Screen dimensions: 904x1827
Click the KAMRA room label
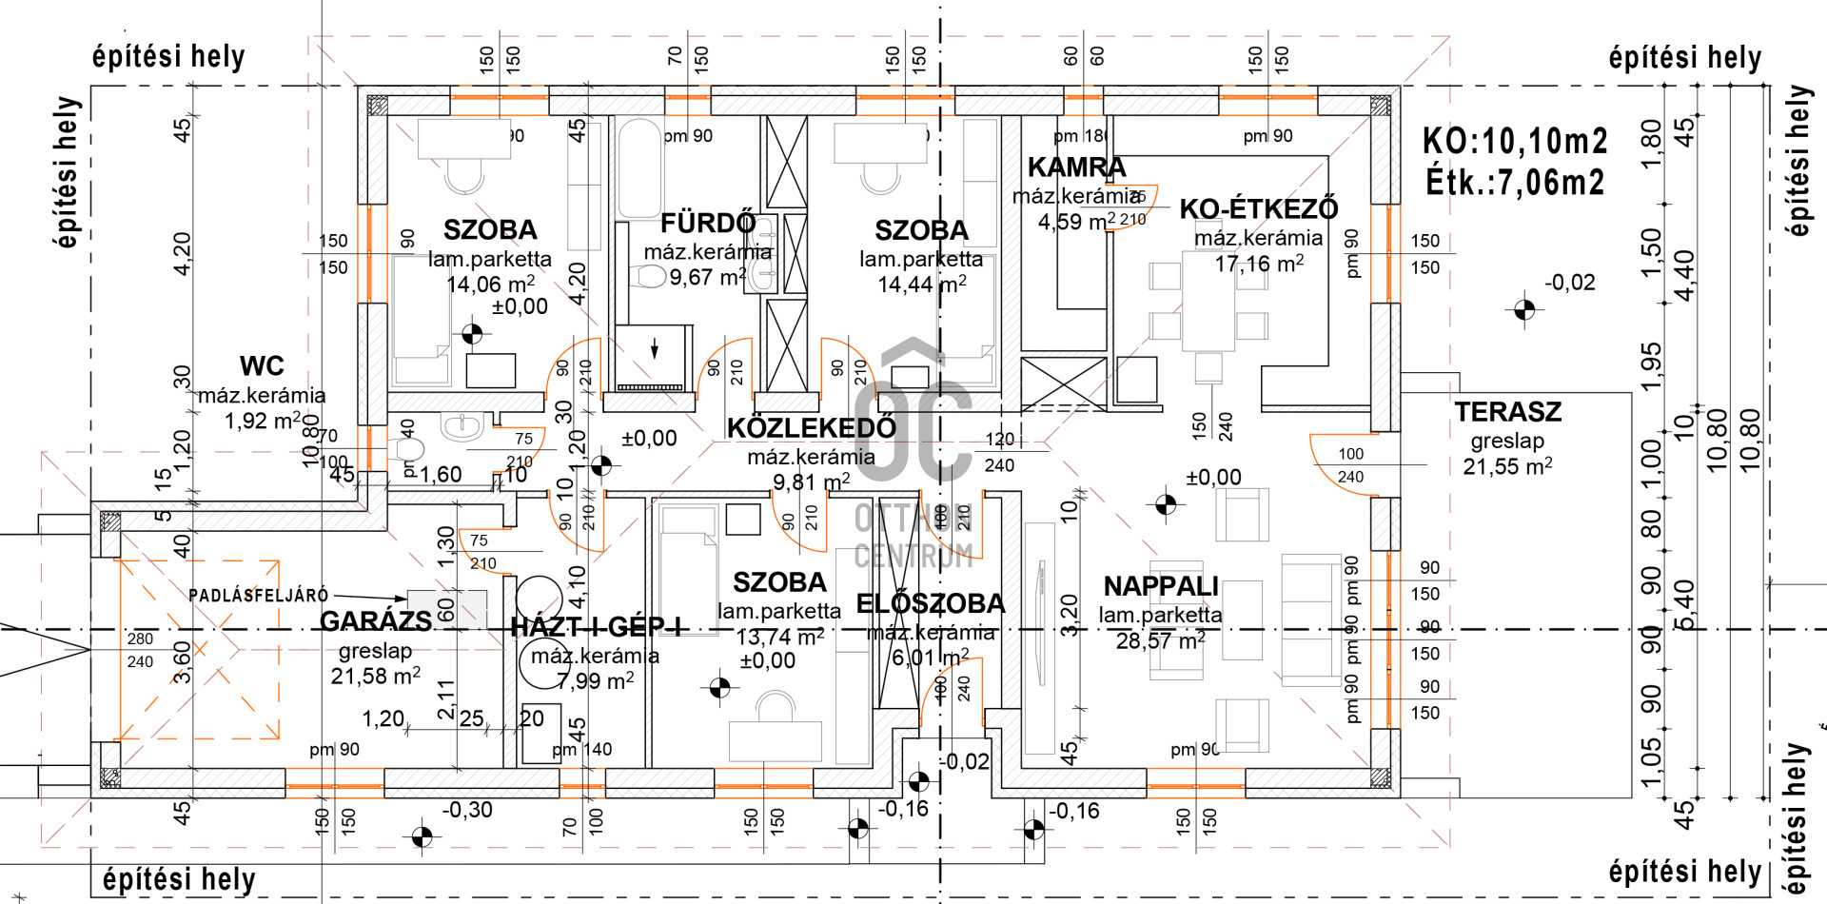(x=1076, y=167)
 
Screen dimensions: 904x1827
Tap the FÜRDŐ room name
(x=708, y=224)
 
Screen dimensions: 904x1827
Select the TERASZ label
(x=1507, y=412)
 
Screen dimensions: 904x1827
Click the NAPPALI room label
(x=1161, y=586)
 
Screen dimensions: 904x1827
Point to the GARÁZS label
(x=375, y=621)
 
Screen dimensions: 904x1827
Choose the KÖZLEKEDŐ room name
(x=811, y=428)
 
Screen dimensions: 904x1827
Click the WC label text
(x=262, y=366)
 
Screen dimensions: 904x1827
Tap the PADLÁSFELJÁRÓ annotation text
(x=258, y=596)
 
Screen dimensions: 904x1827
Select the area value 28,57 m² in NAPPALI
(x=1160, y=641)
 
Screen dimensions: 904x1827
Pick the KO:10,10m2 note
(x=1514, y=142)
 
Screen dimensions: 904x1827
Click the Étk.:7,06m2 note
(x=1514, y=182)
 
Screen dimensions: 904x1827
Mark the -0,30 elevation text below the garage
(x=467, y=810)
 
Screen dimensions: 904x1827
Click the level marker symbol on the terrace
(x=1523, y=309)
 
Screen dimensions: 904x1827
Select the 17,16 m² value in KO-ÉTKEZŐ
(x=1258, y=264)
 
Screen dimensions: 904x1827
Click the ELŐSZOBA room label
(x=930, y=604)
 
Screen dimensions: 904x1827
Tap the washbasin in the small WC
(x=462, y=424)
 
